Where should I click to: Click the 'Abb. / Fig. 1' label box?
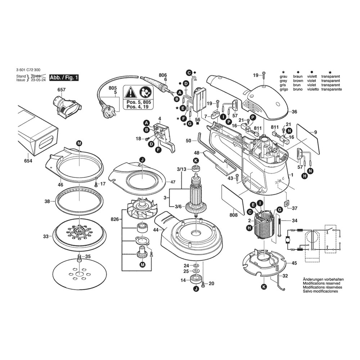click(64, 78)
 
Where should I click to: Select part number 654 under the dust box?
click(28, 161)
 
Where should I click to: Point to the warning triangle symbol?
click(130, 93)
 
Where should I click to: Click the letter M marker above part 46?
click(79, 143)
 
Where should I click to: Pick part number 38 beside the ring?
click(47, 202)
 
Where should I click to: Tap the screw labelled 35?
click(79, 258)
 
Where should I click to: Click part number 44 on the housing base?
click(156, 229)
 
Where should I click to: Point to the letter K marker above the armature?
click(196, 160)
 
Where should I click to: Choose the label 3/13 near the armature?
click(181, 169)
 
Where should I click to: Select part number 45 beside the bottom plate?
click(294, 264)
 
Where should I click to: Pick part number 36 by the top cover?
click(294, 112)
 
